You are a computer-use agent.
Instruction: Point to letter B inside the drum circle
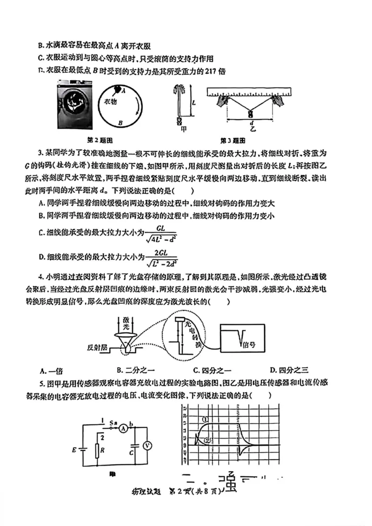click(x=120, y=123)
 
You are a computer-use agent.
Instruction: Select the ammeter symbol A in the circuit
click(x=123, y=428)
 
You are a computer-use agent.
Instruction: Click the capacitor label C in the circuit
click(x=132, y=452)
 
